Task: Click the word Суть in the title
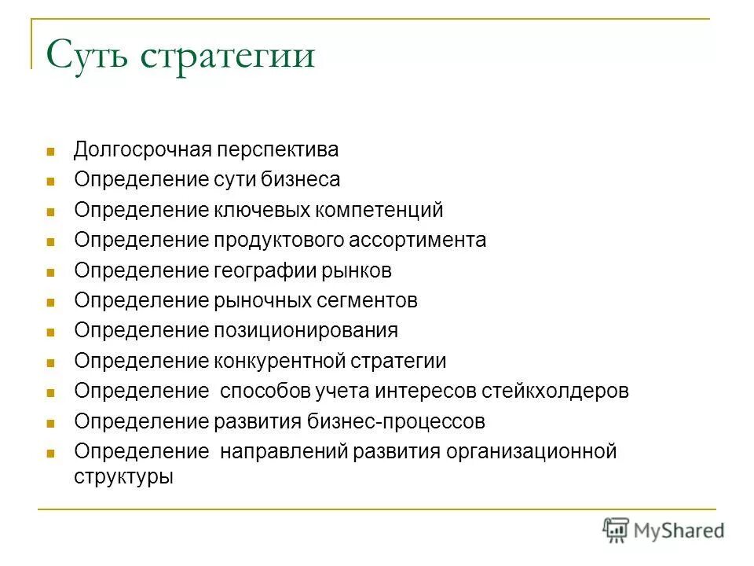[88, 56]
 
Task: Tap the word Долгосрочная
[140, 149]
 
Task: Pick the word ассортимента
[422, 241]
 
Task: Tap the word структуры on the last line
[123, 476]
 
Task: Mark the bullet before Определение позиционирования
[50, 333]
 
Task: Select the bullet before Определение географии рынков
[50, 272]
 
